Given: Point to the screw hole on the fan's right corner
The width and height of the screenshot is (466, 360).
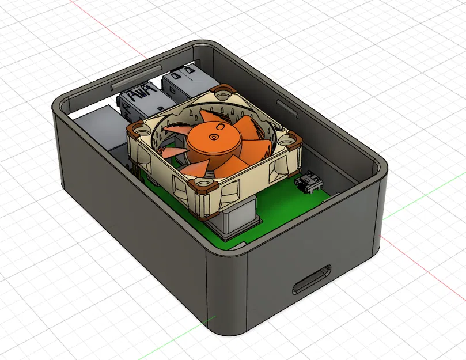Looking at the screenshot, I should [290, 138].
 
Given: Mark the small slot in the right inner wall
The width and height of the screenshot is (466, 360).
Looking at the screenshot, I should [285, 107].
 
